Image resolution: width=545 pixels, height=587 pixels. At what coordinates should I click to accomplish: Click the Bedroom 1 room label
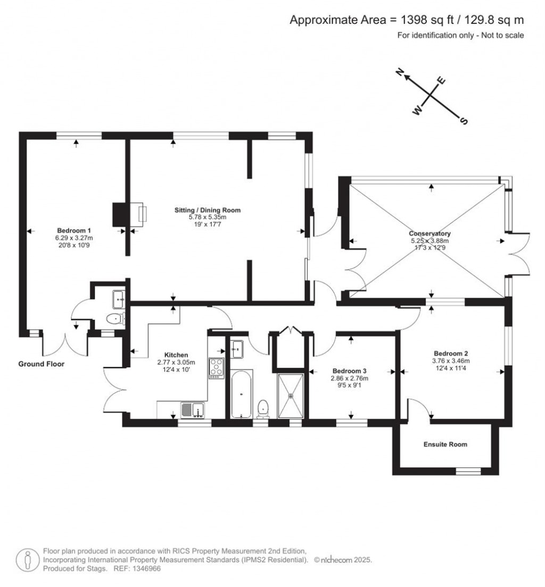point(75,230)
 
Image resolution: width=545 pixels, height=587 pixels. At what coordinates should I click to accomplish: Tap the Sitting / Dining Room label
point(208,210)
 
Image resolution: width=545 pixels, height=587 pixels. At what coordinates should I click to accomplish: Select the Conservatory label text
point(430,233)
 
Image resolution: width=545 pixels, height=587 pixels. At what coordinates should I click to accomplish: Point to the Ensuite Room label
point(445,444)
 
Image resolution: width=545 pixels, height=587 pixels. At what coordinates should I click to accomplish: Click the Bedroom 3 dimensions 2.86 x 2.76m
point(350,378)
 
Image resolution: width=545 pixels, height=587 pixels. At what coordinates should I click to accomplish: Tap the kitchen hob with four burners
point(217,368)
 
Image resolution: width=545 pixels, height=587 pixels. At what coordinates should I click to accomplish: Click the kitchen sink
point(193,410)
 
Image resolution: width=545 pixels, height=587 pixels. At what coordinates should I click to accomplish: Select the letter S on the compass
point(464,121)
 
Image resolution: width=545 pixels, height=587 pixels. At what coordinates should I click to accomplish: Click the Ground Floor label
point(42,364)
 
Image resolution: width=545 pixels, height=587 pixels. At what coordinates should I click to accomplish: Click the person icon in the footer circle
point(27,560)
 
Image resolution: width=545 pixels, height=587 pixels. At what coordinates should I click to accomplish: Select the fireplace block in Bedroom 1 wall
point(119,215)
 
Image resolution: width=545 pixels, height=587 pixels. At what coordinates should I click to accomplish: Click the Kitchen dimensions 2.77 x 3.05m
point(176,362)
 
